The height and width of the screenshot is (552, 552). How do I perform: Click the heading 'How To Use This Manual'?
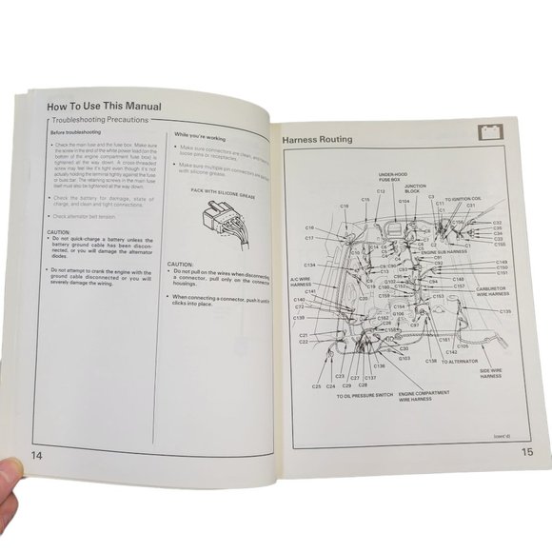104,107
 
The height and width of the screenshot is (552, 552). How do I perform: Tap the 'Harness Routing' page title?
317,140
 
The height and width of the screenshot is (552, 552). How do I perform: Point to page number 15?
527,453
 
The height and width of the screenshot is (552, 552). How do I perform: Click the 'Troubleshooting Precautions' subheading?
102,124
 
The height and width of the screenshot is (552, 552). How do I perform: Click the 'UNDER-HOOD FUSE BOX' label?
392,178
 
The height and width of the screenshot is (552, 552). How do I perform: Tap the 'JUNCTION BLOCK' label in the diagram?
416,188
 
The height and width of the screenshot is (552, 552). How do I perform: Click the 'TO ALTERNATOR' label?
459,362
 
